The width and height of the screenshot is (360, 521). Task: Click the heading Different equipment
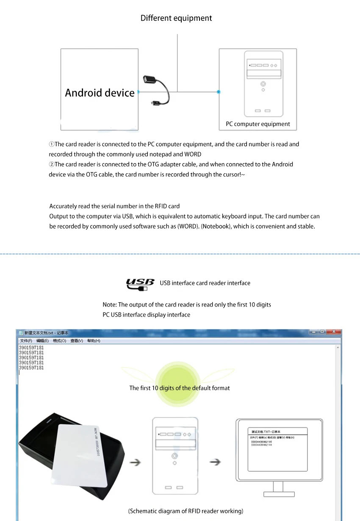[176, 18]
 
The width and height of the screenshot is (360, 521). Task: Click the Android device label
[100, 93]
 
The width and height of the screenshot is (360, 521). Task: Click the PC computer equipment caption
[258, 124]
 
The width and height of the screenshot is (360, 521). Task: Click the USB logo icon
[140, 284]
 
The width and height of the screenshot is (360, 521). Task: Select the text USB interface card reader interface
[205, 283]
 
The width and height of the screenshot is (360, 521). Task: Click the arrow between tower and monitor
[216, 462]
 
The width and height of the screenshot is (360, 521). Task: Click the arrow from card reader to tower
[135, 462]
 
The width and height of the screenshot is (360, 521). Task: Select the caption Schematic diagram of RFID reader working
[186, 511]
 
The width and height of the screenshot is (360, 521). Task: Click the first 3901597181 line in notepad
[31, 348]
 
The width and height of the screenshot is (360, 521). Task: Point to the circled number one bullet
[51, 145]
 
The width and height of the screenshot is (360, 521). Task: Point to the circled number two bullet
[51, 164]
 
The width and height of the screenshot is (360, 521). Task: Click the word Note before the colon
[109, 305]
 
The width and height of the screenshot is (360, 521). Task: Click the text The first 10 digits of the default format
[180, 388]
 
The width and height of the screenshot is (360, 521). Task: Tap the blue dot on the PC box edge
[219, 92]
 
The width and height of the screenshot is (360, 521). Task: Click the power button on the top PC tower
[263, 84]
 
